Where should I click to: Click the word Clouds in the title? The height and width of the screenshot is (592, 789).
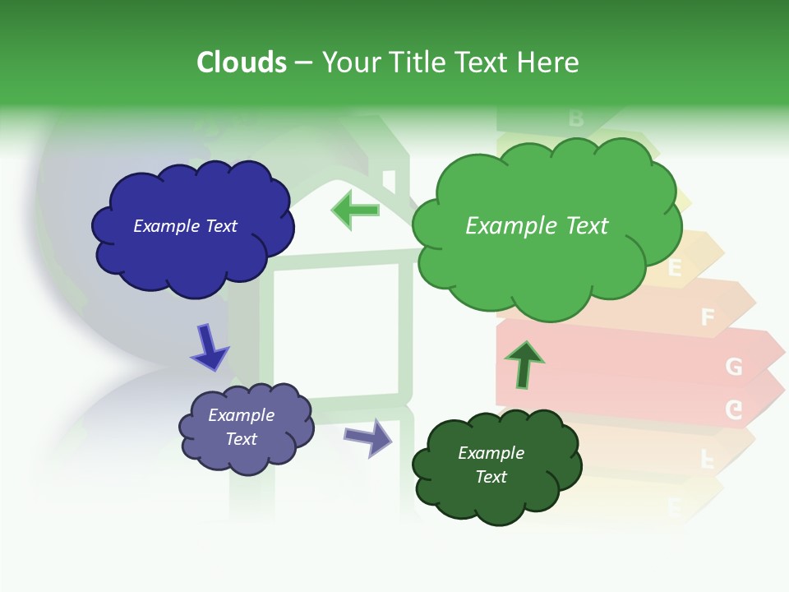pos(242,62)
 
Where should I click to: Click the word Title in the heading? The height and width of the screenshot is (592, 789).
pos(414,62)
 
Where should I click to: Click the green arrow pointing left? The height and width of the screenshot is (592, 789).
pos(356,210)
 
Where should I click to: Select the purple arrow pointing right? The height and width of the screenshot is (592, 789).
pos(368,437)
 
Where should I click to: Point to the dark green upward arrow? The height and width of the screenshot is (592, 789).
pos(524,364)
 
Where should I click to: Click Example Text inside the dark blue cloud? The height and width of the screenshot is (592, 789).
pos(185,226)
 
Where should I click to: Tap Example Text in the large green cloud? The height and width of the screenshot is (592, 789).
pos(537,226)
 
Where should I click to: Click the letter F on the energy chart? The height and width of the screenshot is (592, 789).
pos(708,317)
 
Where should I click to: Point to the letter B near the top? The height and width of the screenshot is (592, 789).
pos(575,118)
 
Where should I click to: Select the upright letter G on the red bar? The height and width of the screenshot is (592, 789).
pos(734,367)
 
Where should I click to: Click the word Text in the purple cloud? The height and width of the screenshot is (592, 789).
pos(242,439)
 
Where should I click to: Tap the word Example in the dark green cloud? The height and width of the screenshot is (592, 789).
pos(491,453)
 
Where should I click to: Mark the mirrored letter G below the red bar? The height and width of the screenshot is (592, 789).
pos(733,409)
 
